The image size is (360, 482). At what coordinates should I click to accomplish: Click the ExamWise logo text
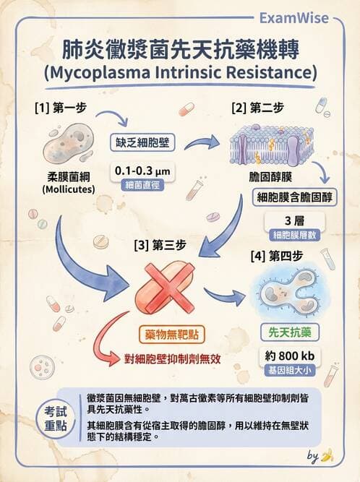pyautogui.click(x=294, y=18)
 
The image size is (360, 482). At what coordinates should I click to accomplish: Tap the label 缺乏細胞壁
pyautogui.click(x=142, y=142)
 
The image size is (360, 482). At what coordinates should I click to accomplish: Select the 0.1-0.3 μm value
pyautogui.click(x=142, y=171)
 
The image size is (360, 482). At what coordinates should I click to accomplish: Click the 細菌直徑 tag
pyautogui.click(x=142, y=185)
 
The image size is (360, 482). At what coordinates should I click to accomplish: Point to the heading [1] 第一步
pyautogui.click(x=61, y=108)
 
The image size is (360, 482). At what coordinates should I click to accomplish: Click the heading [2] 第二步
pyautogui.click(x=257, y=108)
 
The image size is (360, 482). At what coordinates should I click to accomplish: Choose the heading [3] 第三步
pyautogui.click(x=160, y=246)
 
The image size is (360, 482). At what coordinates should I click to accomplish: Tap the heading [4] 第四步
pyautogui.click(x=277, y=256)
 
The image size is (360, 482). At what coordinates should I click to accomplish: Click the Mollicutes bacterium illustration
pyautogui.click(x=68, y=144)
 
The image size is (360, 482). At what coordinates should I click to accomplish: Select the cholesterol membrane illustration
pyautogui.click(x=272, y=145)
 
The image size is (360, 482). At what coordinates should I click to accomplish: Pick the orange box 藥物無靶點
pyautogui.click(x=172, y=335)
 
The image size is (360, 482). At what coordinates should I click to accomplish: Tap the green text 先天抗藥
pyautogui.click(x=290, y=332)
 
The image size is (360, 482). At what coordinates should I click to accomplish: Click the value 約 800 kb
pyautogui.click(x=290, y=356)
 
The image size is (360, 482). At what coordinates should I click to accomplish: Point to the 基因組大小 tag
pyautogui.click(x=290, y=371)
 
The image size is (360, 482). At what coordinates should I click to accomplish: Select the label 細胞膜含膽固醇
pyautogui.click(x=294, y=197)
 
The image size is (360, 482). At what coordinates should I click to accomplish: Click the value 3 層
pyautogui.click(x=294, y=220)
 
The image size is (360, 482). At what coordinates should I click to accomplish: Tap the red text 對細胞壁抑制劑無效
pyautogui.click(x=173, y=358)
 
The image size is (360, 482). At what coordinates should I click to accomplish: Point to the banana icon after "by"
pyautogui.click(x=327, y=455)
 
